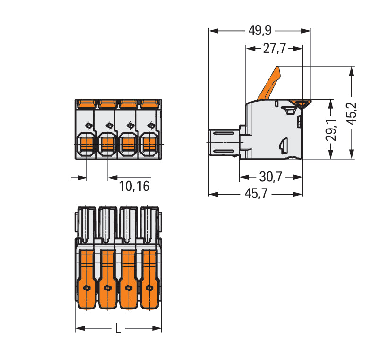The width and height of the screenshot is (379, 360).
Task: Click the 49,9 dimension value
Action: point(260,31)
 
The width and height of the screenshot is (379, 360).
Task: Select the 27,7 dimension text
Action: point(275,48)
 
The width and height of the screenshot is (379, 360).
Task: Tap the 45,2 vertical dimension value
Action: point(352,113)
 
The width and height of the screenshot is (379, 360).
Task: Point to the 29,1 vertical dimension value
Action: point(331,130)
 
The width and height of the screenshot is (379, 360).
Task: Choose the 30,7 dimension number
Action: point(271,177)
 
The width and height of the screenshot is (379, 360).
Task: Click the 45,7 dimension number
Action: point(256,194)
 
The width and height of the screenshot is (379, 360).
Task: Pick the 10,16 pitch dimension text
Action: point(134,186)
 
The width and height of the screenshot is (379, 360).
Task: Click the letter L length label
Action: point(118,328)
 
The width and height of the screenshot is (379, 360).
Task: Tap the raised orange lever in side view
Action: point(269,83)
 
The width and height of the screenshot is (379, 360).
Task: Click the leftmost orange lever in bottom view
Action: point(86,279)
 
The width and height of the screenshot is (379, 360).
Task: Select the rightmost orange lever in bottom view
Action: point(150,279)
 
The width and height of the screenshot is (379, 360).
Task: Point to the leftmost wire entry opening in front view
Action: point(86,144)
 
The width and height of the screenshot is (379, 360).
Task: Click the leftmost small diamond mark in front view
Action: point(89,126)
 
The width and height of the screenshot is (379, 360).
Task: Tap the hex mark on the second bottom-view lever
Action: point(107,288)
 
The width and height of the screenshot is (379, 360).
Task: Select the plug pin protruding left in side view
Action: point(224,142)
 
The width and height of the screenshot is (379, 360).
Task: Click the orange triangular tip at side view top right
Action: point(301,103)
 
